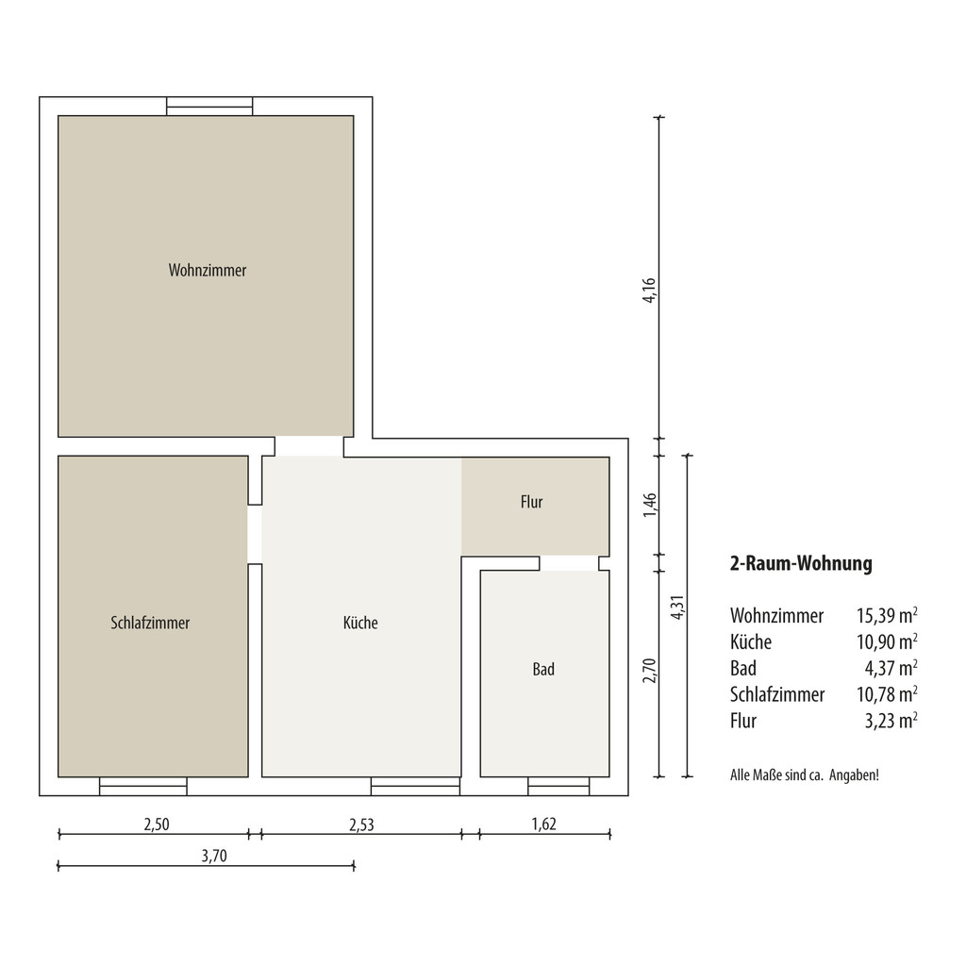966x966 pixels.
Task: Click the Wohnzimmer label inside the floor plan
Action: (x=208, y=271)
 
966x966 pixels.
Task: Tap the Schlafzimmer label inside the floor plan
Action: (x=150, y=623)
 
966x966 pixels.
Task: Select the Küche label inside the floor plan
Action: (x=360, y=623)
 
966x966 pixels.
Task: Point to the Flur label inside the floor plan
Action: (x=532, y=502)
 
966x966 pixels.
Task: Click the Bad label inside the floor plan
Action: (x=543, y=669)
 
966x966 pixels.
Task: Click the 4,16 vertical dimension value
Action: (x=649, y=291)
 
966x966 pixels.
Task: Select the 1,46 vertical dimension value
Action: (x=649, y=506)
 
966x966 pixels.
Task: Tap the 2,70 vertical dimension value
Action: (x=649, y=671)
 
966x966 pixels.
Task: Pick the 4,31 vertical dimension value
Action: (x=677, y=608)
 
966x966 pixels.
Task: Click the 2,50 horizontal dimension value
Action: (x=157, y=824)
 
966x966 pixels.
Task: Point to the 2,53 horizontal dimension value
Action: (x=361, y=824)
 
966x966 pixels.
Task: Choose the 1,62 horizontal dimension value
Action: (x=544, y=824)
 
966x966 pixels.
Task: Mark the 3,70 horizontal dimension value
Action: (x=214, y=856)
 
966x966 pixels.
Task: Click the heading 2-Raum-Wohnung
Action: (x=801, y=564)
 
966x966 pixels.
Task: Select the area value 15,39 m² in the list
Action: (x=887, y=615)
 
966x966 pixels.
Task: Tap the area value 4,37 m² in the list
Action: (x=891, y=668)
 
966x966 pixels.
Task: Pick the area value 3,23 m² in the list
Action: (x=891, y=720)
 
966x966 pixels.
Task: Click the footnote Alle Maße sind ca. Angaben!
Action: (x=805, y=775)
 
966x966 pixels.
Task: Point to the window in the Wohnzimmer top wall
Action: (x=209, y=107)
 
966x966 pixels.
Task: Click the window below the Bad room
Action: (x=558, y=786)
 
